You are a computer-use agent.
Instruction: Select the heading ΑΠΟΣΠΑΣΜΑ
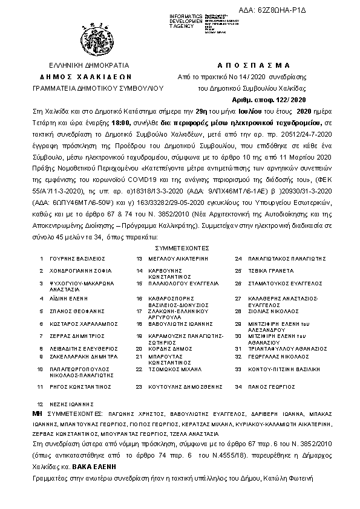pos(252,65)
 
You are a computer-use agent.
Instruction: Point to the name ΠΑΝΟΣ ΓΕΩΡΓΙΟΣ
pos(269,386)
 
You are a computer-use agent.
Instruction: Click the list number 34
pos(238,386)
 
